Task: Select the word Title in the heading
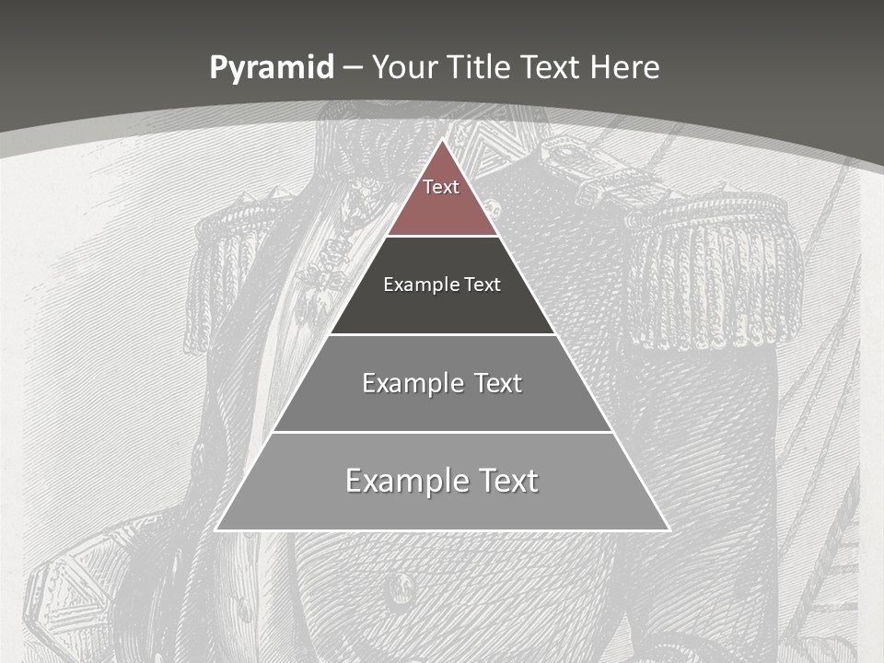(479, 67)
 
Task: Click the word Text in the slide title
(551, 67)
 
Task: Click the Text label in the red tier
(441, 187)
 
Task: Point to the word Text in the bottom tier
(506, 481)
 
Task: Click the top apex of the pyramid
(442, 140)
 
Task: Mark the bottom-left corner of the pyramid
(215, 530)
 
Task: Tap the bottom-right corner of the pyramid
(669, 530)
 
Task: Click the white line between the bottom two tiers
(442, 432)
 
